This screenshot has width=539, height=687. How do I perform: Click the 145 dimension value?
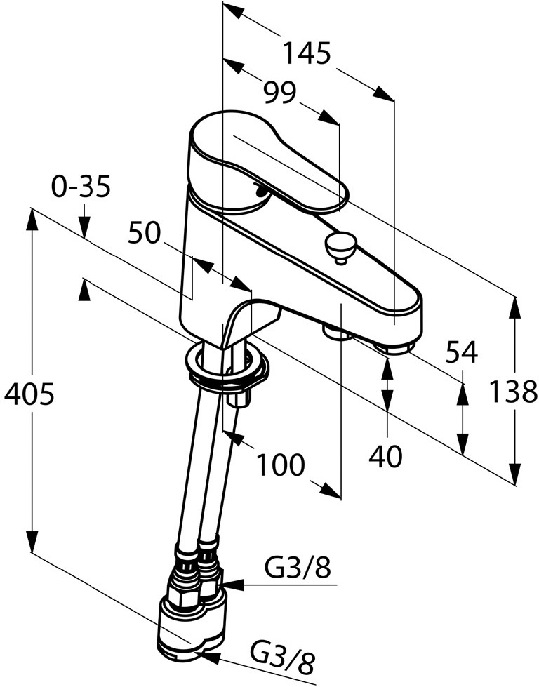(306, 53)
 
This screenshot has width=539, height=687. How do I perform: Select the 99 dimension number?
(280, 93)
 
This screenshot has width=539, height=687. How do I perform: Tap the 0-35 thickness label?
(80, 187)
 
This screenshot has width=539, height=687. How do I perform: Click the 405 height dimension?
(29, 394)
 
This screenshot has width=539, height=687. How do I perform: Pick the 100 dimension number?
(279, 465)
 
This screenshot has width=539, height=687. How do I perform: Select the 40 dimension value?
(385, 456)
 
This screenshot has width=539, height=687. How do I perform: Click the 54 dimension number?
(461, 352)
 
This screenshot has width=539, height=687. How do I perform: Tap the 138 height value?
(513, 392)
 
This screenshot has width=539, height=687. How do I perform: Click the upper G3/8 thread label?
(297, 568)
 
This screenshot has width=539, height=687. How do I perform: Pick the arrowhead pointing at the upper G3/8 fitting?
(232, 585)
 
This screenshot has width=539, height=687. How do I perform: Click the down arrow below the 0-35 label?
(85, 227)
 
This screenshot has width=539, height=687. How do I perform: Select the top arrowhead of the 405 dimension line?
(32, 220)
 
